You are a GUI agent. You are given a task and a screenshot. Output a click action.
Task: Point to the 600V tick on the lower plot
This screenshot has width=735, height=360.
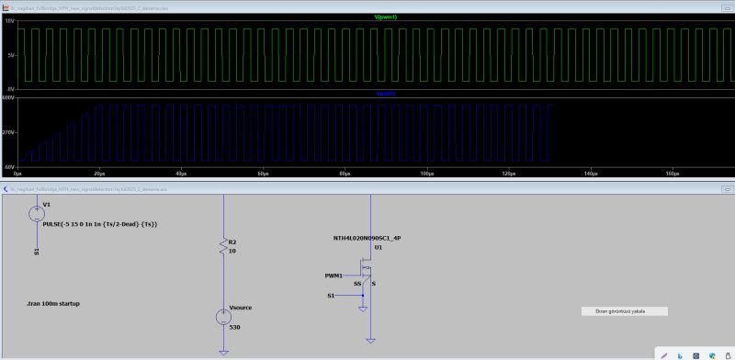click(8, 97)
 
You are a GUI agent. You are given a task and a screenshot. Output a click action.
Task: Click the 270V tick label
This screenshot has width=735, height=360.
click(8, 132)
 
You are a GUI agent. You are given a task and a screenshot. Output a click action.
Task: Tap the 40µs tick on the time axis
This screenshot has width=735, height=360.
click(180, 173)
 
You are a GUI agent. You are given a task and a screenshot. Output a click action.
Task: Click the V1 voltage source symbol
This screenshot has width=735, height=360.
click(37, 213)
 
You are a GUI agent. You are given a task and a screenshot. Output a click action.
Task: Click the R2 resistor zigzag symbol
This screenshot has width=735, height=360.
click(222, 246)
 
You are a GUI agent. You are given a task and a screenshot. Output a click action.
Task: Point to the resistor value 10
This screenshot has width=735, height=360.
click(232, 250)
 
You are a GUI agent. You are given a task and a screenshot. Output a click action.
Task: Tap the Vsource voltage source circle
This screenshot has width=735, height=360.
click(222, 317)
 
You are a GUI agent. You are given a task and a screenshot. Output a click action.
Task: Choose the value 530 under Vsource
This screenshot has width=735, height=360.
click(233, 327)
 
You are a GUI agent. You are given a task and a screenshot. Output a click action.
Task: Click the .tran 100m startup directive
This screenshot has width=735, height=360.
click(53, 303)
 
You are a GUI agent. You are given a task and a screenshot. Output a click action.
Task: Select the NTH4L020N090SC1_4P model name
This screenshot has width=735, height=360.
click(367, 238)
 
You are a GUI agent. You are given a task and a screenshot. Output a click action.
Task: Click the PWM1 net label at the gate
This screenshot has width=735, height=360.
click(334, 275)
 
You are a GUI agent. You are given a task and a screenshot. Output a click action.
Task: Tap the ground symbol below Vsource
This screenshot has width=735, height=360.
click(222, 350)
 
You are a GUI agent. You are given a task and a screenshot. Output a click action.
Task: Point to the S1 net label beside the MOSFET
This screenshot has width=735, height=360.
click(332, 296)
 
